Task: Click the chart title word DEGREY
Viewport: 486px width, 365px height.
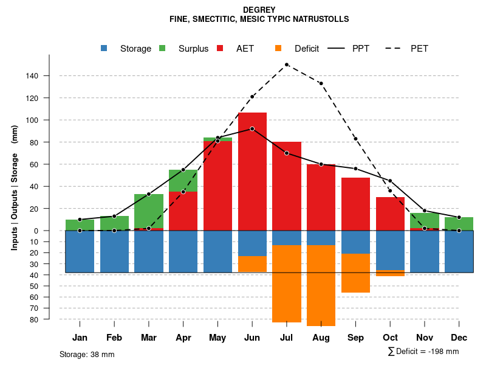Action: (x=259, y=10)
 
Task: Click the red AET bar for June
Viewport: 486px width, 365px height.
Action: (x=252, y=176)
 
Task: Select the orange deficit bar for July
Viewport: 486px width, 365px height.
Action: (x=287, y=283)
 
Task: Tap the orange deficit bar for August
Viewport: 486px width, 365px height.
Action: (x=321, y=285)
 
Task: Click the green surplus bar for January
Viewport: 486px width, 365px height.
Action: (x=80, y=225)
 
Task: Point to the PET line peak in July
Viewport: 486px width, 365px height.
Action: (x=286, y=64)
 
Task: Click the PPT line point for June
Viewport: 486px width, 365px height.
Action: (x=252, y=129)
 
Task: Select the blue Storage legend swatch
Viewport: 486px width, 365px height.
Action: (x=104, y=48)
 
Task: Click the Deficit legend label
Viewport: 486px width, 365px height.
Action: (x=307, y=49)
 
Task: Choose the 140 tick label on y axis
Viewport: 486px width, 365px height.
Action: (x=32, y=76)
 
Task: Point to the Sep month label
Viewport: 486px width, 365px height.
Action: (x=355, y=338)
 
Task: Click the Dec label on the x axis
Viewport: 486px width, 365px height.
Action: (x=459, y=338)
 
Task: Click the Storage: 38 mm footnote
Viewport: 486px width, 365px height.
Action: (x=87, y=354)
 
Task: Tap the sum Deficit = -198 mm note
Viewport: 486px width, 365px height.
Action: (x=423, y=351)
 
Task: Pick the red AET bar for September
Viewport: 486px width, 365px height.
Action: (x=355, y=204)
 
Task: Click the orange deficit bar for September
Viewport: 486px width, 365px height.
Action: (x=355, y=273)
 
